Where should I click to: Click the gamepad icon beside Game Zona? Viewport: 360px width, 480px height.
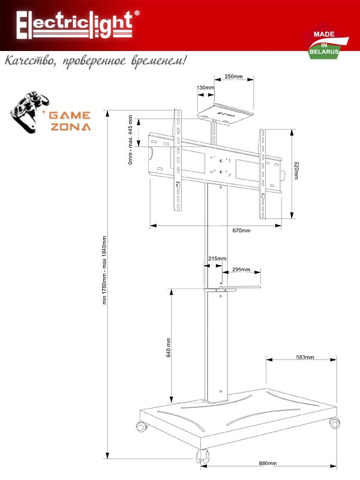point(28,112)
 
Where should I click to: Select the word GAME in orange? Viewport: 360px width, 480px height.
point(70,115)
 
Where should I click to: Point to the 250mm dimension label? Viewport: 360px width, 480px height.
point(233,77)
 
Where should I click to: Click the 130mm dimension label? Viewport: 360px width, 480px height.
point(205,88)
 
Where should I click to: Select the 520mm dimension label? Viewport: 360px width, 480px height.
point(296,170)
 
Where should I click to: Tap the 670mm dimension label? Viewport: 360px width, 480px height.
point(241,230)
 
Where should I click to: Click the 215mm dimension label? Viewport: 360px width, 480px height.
point(217,259)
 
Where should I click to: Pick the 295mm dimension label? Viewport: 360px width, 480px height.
point(241,269)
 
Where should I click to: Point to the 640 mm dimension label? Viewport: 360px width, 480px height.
point(169,347)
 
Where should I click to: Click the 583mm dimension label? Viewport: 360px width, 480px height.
point(305,357)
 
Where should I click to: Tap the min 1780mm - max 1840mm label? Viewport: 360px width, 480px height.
point(104,270)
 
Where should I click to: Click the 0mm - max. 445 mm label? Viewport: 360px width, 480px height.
point(130,140)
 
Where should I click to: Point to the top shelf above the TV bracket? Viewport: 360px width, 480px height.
point(226,114)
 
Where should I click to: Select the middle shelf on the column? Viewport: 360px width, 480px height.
point(232,288)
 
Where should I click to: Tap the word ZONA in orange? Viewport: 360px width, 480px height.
point(70,127)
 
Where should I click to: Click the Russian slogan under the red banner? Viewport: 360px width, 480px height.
point(95,61)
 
